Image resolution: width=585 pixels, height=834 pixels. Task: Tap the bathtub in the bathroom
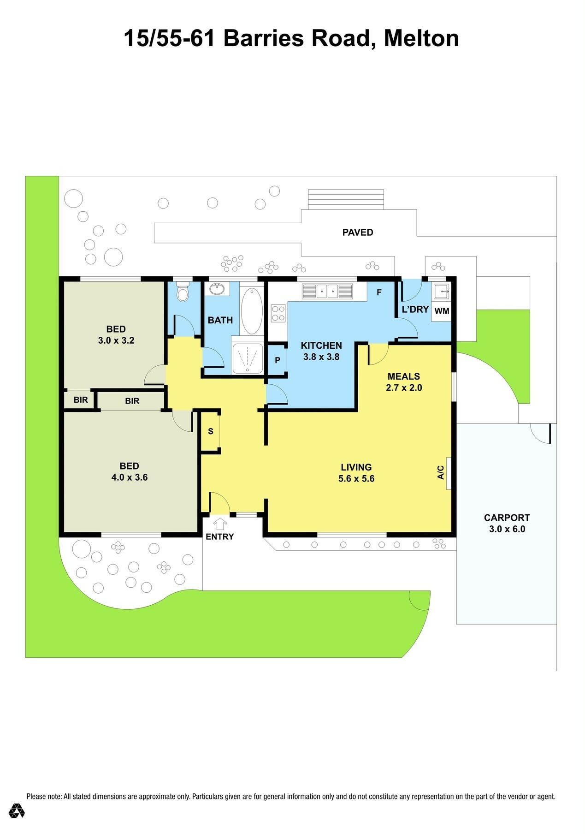coord(252,310)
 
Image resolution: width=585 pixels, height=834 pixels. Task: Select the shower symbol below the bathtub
coord(248,358)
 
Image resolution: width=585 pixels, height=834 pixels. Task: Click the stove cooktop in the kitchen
coord(278,313)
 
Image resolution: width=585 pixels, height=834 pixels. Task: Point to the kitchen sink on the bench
coord(327,292)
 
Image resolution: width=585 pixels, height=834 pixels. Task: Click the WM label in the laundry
coord(442,311)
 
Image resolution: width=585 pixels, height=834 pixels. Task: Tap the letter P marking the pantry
coord(278,360)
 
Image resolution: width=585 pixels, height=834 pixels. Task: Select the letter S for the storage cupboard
coord(211,431)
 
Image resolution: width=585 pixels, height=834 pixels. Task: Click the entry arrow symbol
coord(220,524)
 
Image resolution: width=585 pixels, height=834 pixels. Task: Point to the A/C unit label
coord(441,472)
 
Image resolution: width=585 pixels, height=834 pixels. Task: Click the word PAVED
coord(358,232)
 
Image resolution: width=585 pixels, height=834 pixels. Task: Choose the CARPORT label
coord(507,518)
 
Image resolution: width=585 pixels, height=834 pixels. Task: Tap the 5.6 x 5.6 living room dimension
coord(356,479)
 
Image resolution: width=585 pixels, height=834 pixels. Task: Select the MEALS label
coord(404,376)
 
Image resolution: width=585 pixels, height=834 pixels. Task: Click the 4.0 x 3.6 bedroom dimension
coord(130,477)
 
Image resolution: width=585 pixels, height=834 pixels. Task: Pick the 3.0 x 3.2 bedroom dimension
coord(116,340)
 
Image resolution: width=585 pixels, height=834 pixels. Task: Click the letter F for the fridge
coord(379,292)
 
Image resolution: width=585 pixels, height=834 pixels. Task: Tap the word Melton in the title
coord(421,38)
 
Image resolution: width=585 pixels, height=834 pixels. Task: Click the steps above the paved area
coord(346,199)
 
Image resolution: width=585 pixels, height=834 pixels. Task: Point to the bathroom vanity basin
coord(217,289)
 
